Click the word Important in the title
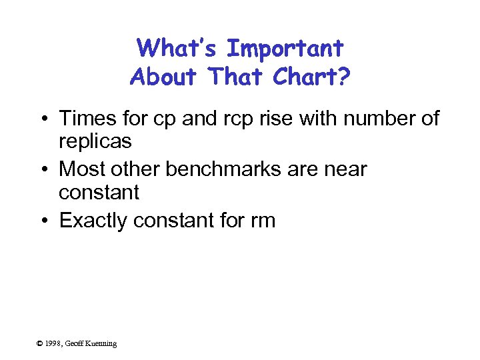pyautogui.click(x=285, y=49)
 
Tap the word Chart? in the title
pyautogui.click(x=311, y=77)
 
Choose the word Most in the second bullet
pyautogui.click(x=81, y=169)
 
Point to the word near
pyautogui.click(x=343, y=169)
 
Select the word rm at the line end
pyautogui.click(x=262, y=221)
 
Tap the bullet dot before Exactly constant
pyautogui.click(x=43, y=221)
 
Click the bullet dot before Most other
pyautogui.click(x=43, y=169)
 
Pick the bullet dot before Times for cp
pyautogui.click(x=43, y=119)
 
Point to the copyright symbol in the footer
pyautogui.click(x=40, y=343)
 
